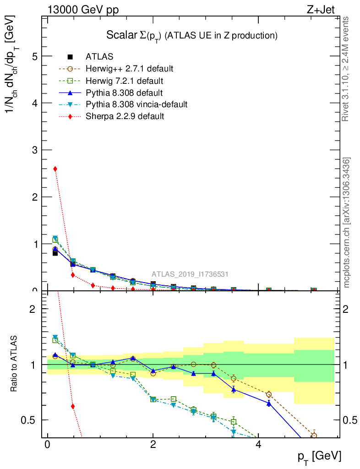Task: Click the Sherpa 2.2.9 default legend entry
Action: coord(125,116)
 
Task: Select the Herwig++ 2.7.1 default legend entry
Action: coord(129,69)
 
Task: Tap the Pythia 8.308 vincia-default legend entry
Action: coord(136,104)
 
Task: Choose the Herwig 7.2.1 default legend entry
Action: coord(124,81)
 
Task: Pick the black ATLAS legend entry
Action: coord(99,57)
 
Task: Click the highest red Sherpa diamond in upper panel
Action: coord(55,169)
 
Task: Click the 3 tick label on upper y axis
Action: coord(34,150)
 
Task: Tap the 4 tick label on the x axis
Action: coord(258,445)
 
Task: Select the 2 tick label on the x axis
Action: coord(153,445)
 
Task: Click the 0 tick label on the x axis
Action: coord(47,445)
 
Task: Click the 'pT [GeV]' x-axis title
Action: coord(318,456)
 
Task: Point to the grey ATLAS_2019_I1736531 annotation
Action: coord(190,274)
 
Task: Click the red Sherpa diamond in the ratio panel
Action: coord(73,406)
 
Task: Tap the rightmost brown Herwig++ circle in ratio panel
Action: coord(314,436)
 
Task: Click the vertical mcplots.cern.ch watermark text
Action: coord(347,222)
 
